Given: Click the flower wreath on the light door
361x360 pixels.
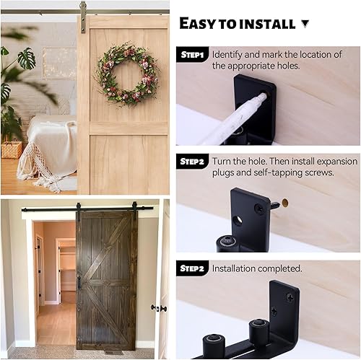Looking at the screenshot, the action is pos(127,74).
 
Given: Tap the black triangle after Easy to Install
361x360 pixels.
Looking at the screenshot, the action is pos(305,24).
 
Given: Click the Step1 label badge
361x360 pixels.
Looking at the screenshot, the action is pos(192,55).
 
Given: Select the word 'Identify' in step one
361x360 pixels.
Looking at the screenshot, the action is pos(227,55).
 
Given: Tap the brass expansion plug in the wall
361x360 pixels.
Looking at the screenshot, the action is pos(284,203).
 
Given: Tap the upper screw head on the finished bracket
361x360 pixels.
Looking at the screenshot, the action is pos(290,298).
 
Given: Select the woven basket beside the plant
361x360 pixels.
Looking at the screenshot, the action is pos(12,149).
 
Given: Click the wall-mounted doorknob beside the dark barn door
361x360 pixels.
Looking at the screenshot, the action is pos(159,308).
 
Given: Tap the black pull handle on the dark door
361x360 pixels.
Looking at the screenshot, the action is pos(79,282).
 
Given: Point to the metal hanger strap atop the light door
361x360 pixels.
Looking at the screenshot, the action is pos(83,17).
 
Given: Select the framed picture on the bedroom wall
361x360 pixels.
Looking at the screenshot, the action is pos(59,63).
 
